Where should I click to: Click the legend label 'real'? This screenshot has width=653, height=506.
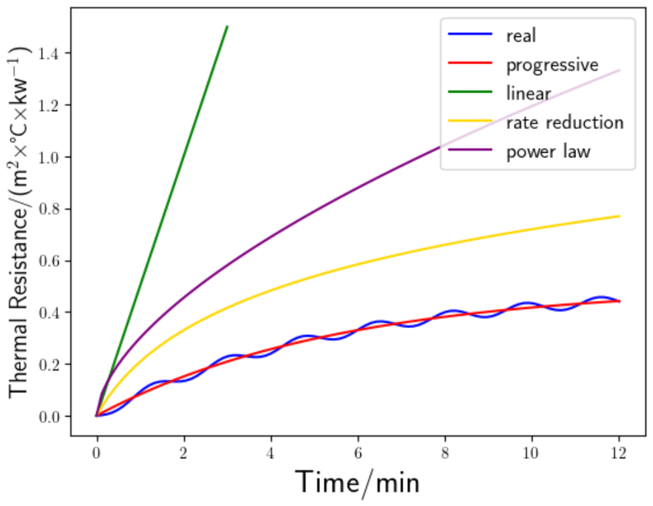[521, 36]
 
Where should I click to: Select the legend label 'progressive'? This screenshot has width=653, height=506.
[552, 65]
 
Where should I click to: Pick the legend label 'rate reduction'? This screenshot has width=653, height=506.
[565, 123]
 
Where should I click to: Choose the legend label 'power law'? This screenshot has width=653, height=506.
[548, 152]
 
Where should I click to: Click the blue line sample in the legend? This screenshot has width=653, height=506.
[470, 34]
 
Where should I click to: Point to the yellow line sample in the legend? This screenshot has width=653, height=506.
[470, 121]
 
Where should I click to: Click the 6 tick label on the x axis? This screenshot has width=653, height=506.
[358, 453]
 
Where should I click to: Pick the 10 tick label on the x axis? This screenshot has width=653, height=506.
[531, 453]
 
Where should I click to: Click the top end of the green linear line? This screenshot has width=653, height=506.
[227, 27]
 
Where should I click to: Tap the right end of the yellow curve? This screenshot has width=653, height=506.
[619, 216]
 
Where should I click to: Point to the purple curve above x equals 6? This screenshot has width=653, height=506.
[358, 186]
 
